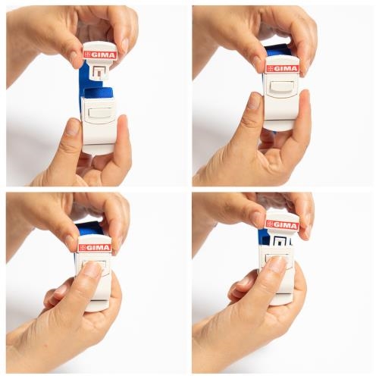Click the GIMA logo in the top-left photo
(100, 55)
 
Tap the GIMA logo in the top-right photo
(282, 68)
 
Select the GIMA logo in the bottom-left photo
(95, 248)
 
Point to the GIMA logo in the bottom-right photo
(282, 225)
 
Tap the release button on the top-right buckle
(281, 87)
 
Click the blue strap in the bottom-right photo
(263, 237)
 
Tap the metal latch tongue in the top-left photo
(98, 72)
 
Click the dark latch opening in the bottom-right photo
(280, 241)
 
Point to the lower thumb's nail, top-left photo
(74, 127)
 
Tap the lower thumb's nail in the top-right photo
(255, 101)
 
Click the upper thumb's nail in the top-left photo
(74, 58)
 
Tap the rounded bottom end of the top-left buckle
(99, 149)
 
